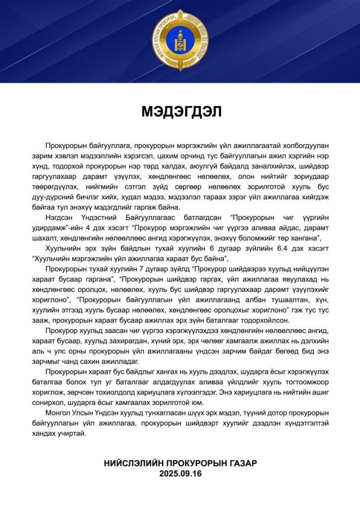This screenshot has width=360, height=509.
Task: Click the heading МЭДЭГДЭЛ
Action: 180,111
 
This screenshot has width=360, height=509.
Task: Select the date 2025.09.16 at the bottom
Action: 180,474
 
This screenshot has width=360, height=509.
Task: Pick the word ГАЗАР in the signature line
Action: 242,463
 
